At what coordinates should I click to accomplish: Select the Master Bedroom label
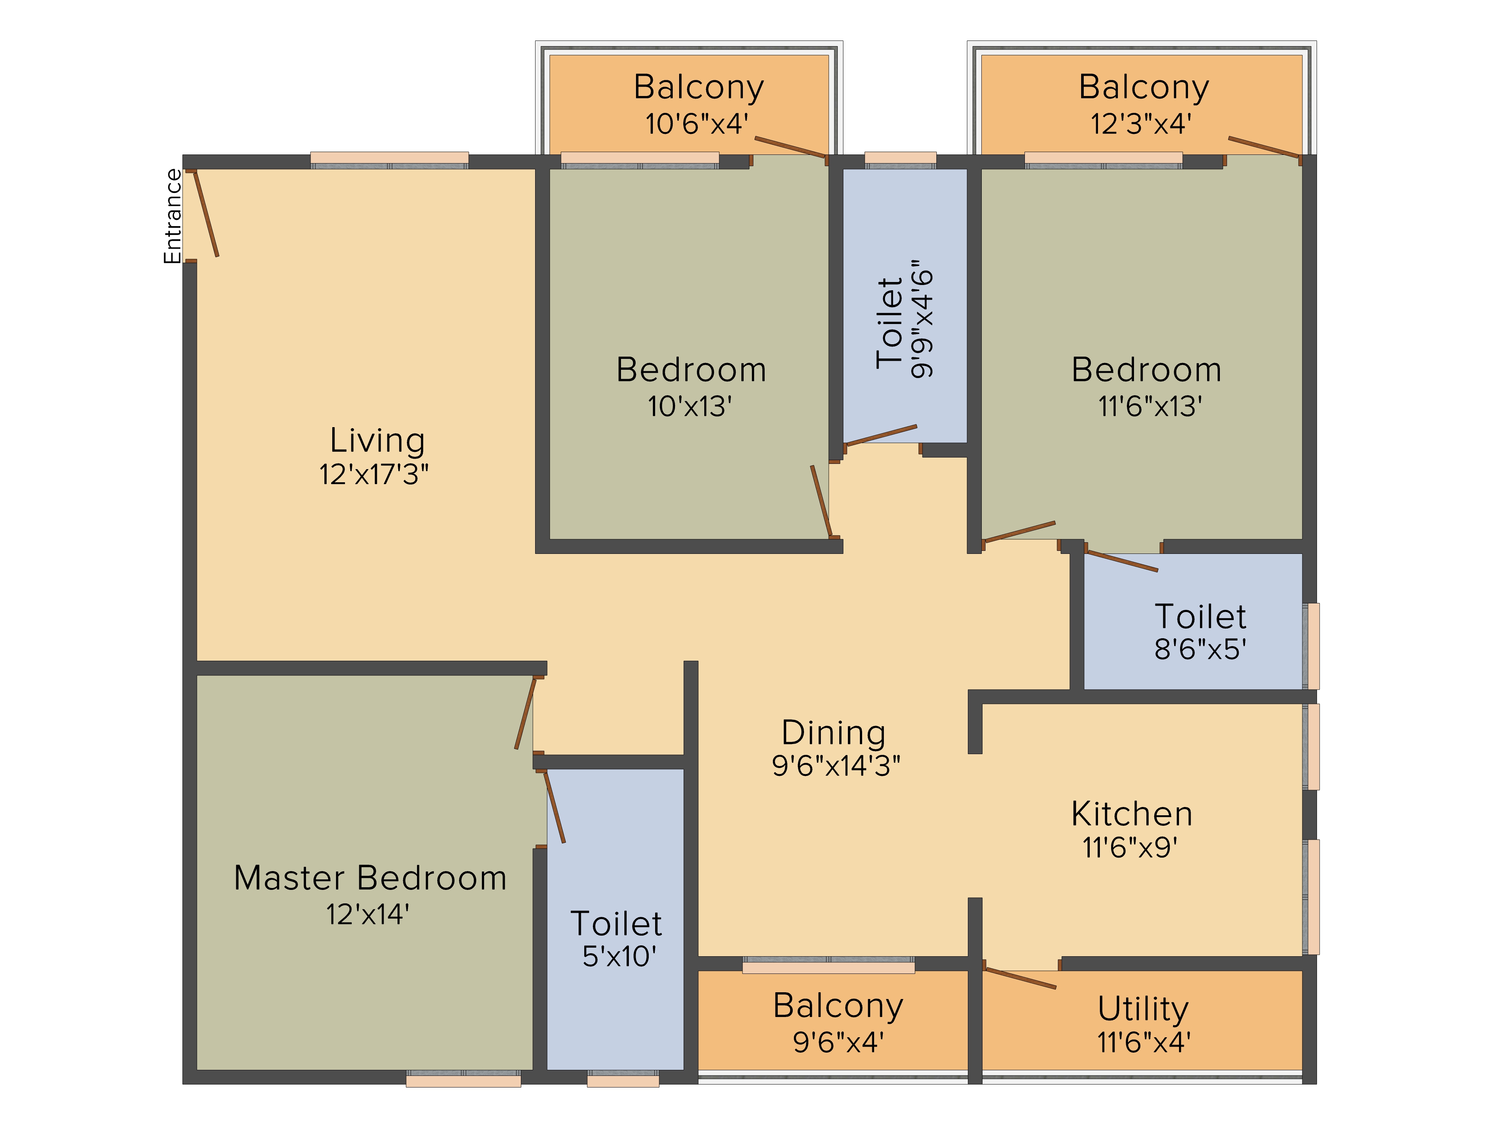click(370, 878)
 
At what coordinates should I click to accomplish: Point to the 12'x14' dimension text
click(367, 915)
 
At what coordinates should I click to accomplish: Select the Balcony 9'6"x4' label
click(838, 1006)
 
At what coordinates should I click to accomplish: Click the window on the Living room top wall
click(389, 160)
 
